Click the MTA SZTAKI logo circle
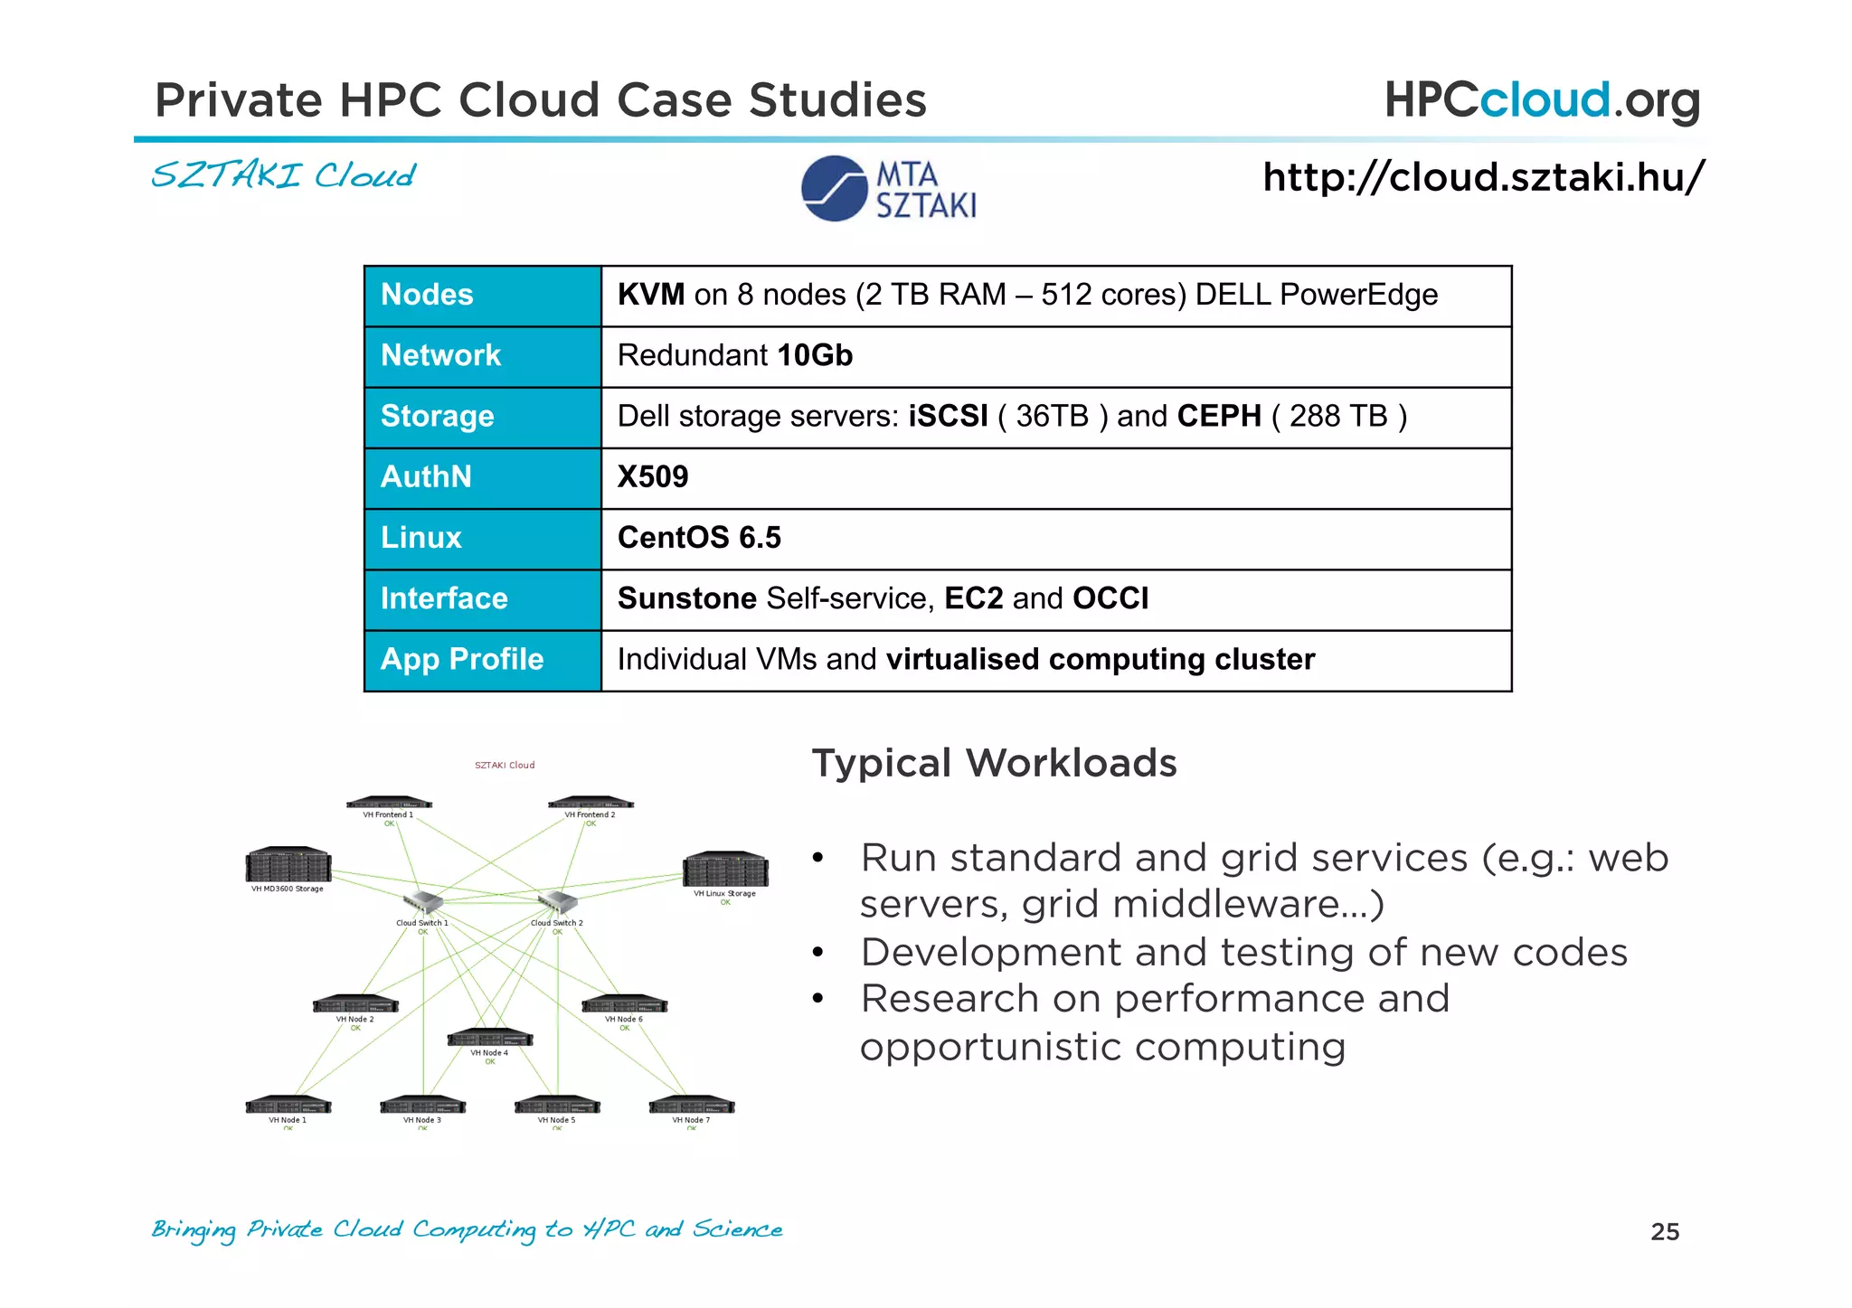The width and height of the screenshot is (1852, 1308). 834,188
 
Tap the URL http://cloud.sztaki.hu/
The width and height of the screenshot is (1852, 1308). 1483,177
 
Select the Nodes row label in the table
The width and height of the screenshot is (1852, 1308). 427,295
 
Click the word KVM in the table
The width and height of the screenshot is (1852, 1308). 650,295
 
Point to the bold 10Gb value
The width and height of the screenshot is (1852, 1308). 814,355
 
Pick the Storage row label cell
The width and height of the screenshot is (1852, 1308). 438,416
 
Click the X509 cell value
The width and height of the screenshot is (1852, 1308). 653,476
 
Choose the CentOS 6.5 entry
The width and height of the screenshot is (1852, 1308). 699,538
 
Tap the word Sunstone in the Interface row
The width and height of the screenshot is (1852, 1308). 686,598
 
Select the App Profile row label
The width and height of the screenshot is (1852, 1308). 462,659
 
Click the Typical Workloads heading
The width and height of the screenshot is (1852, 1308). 994,763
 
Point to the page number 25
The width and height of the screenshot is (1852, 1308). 1665,1232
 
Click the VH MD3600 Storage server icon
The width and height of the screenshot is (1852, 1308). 288,865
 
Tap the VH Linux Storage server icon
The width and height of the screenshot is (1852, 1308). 725,870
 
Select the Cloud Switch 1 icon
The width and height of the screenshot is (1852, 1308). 422,902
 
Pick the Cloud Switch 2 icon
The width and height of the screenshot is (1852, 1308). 557,902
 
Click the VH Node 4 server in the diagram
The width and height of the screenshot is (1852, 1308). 490,1038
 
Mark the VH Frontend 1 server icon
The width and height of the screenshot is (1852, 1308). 389,803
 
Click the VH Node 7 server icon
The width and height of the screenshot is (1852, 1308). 692,1106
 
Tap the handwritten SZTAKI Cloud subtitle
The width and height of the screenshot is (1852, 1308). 283,175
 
